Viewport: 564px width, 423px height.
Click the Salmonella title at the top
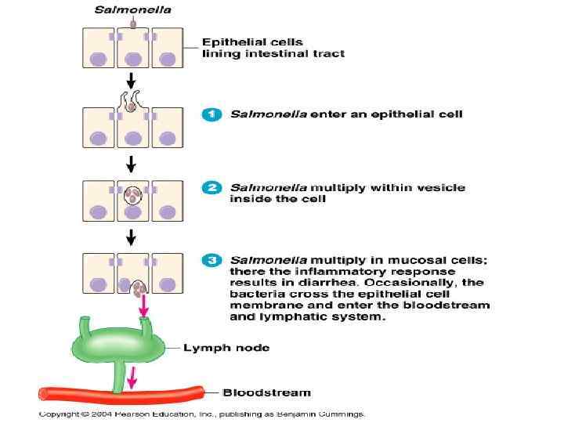132,10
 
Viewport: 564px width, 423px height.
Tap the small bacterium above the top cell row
132,23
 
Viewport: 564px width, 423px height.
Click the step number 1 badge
211,114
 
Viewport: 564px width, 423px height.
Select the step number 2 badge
211,188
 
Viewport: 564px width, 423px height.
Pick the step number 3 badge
211,260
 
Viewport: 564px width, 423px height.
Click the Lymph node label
227,348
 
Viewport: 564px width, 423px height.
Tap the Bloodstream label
267,392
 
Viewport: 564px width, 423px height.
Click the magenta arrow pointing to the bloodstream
132,377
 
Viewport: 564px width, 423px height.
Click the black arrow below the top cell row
132,81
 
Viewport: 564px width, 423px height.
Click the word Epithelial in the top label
230,42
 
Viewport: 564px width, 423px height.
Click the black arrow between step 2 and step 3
132,235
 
